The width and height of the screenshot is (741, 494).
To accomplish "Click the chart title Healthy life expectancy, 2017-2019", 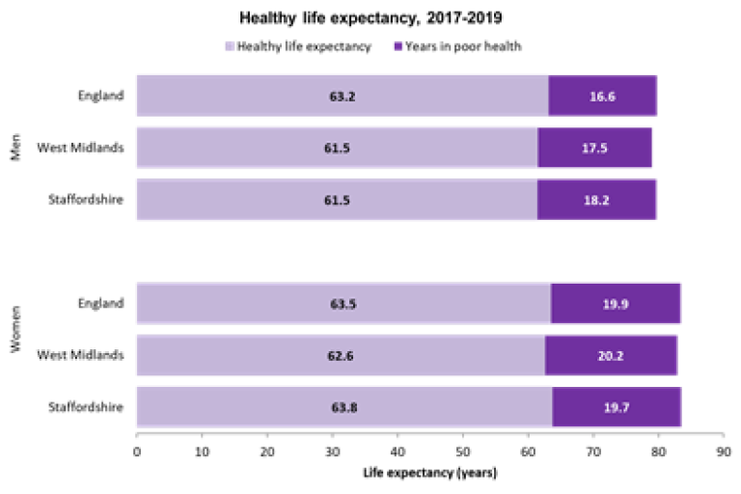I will point(371,17).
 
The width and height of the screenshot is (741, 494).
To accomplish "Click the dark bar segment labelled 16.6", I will point(603,96).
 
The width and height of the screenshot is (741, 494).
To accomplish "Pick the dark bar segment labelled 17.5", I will point(594,148).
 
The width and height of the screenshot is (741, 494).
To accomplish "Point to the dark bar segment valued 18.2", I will point(596,200).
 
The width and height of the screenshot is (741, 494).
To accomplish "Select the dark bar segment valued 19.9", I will point(616,304).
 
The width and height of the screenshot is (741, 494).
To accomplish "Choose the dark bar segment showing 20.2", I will point(611,355).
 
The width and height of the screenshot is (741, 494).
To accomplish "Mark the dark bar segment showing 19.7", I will point(617,407).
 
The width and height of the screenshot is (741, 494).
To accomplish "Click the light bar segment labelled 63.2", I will point(343,96).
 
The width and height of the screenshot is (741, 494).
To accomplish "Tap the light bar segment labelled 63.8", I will point(344,407).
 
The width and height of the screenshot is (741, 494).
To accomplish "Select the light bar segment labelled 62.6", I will point(341,355).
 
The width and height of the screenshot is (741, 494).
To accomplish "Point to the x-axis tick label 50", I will point(462,450).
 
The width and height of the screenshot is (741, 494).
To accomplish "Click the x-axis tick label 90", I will point(723,450).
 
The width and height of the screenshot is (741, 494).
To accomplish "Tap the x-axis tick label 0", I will point(137,450).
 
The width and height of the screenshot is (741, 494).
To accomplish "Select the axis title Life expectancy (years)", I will point(429,473).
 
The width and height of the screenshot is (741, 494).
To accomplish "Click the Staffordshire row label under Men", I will point(86,200).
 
